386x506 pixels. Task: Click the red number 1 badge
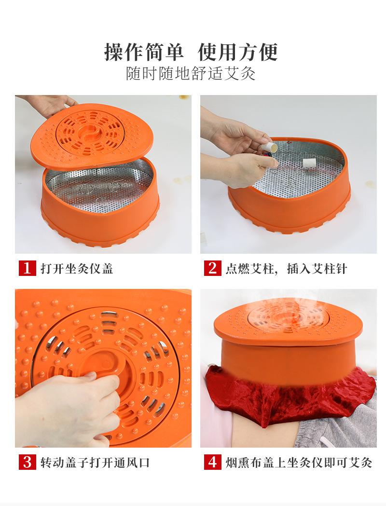[x=27, y=268]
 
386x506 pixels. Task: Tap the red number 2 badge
[x=212, y=268]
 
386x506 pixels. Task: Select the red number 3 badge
[x=27, y=462]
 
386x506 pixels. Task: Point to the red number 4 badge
[x=212, y=462]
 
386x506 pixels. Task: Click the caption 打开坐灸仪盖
[x=77, y=269]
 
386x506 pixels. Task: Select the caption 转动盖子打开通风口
[x=95, y=463]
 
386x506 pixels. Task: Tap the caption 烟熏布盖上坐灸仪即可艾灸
[x=299, y=463]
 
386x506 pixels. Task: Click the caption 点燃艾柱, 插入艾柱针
[x=286, y=269]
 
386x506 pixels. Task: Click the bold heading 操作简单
[x=144, y=52]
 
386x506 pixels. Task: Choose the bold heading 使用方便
[x=238, y=52]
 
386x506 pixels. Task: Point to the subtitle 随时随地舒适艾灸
[x=191, y=74]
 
